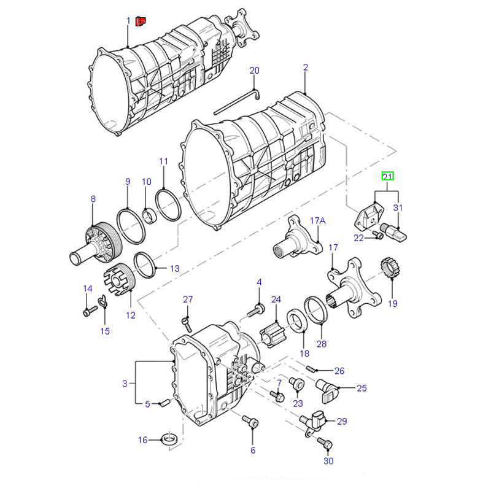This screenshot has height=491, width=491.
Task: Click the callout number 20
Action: [255, 71]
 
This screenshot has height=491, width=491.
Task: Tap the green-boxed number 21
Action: [387, 177]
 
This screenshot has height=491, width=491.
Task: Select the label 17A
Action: [317, 220]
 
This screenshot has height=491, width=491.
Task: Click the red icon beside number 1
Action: [140, 22]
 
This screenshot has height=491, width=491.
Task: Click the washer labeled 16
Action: [169, 439]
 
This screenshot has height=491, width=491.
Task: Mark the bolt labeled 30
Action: [327, 443]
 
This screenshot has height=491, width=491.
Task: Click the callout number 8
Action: [93, 199]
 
